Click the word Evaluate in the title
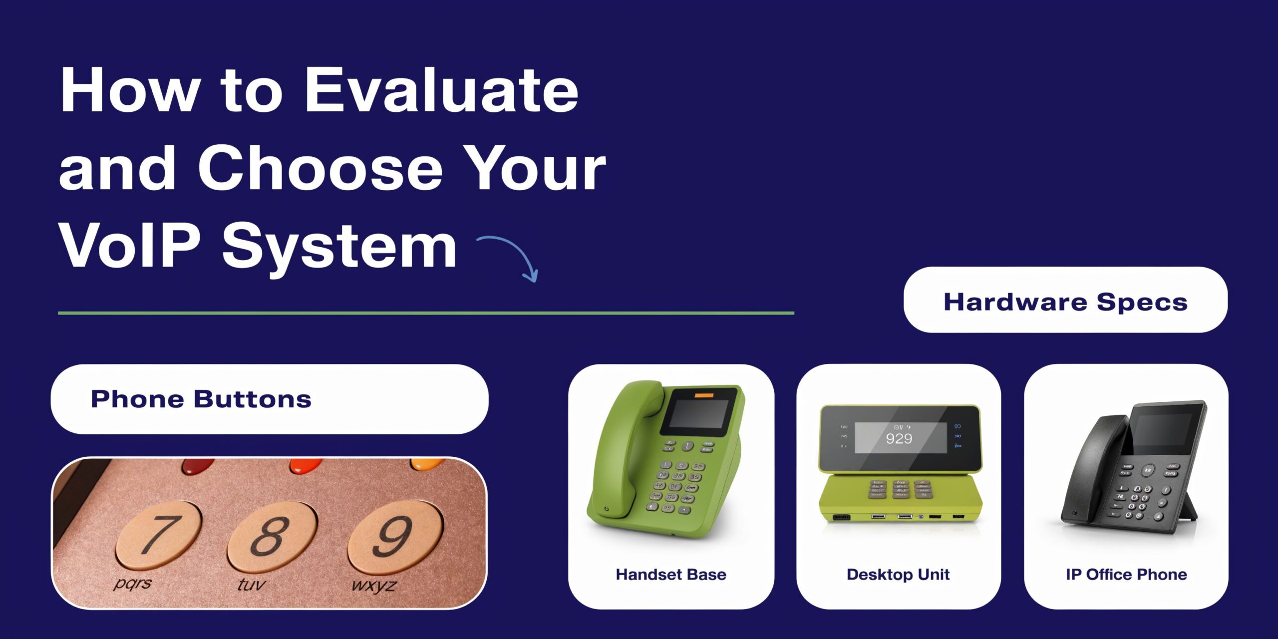[x=441, y=91]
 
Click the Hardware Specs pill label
[x=1065, y=302]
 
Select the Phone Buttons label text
[x=201, y=399]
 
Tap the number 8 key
[x=272, y=537]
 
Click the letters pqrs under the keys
[x=132, y=583]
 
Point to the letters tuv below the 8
[x=251, y=584]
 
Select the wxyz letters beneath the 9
[x=374, y=585]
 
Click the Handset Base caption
[x=671, y=575]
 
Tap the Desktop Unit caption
[x=898, y=575]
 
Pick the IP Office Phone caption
[x=1126, y=575]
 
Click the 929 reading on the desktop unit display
[x=899, y=439]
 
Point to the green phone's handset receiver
[x=619, y=449]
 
